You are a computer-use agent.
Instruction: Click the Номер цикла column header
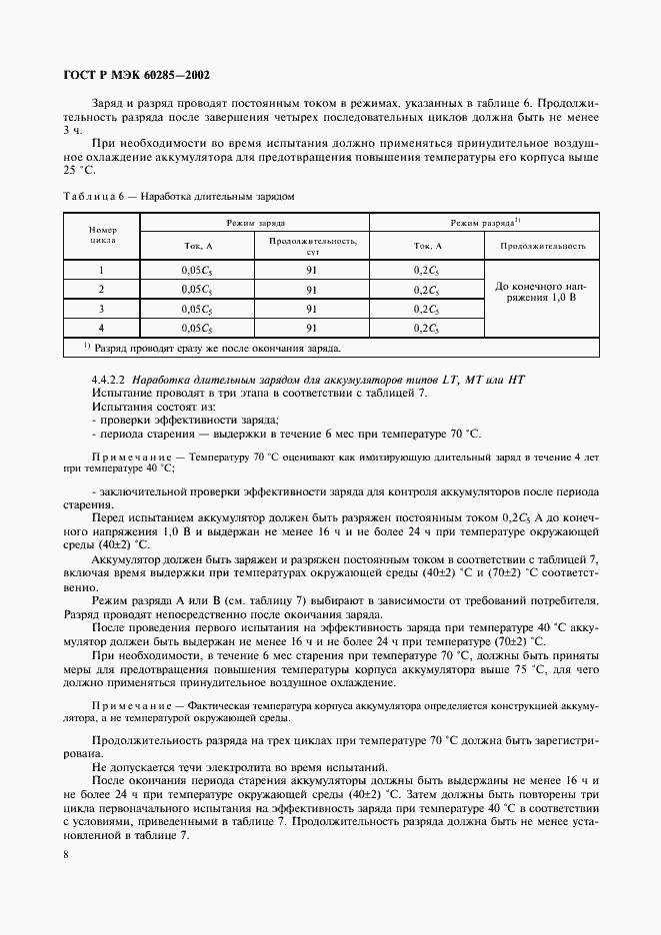pyautogui.click(x=102, y=235)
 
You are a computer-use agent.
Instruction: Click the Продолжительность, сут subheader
pyautogui.click(x=311, y=246)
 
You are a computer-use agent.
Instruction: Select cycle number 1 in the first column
pyautogui.click(x=102, y=270)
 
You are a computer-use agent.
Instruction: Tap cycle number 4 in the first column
pyautogui.click(x=102, y=327)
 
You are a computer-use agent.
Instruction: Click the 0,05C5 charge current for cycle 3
pyautogui.click(x=196, y=308)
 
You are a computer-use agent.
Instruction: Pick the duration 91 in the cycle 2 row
pyautogui.click(x=311, y=289)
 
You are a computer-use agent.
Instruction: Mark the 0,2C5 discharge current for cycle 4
pyautogui.click(x=426, y=327)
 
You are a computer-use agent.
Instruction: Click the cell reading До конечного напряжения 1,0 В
pyautogui.click(x=541, y=292)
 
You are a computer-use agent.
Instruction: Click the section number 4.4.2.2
pyautogui.click(x=109, y=381)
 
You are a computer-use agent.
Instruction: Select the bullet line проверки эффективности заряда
pyautogui.click(x=171, y=421)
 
